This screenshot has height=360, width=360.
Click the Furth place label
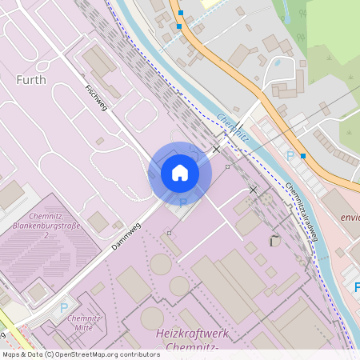31,80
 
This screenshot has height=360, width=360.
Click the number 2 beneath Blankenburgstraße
46,236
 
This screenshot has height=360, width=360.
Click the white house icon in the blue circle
180,173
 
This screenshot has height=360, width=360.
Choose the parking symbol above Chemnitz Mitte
64,307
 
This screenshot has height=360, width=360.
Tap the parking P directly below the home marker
182,203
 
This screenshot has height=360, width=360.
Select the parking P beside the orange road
290,156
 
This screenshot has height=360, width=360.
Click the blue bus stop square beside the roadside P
303,156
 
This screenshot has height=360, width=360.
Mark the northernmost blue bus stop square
182,14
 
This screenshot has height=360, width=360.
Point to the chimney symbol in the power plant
274,240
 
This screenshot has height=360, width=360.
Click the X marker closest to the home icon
216,150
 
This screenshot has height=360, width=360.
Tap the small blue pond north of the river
278,62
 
